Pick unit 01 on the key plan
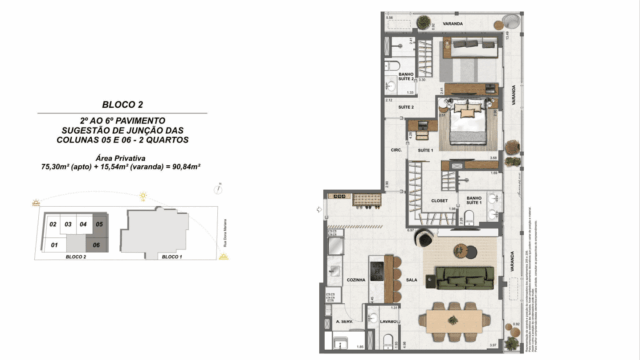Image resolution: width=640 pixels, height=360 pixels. pos(53,241)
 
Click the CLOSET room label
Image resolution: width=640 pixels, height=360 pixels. pos(439,200)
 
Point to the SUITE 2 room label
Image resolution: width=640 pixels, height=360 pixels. pos(406,106)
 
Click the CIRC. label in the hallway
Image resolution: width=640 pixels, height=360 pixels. pos(396,151)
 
